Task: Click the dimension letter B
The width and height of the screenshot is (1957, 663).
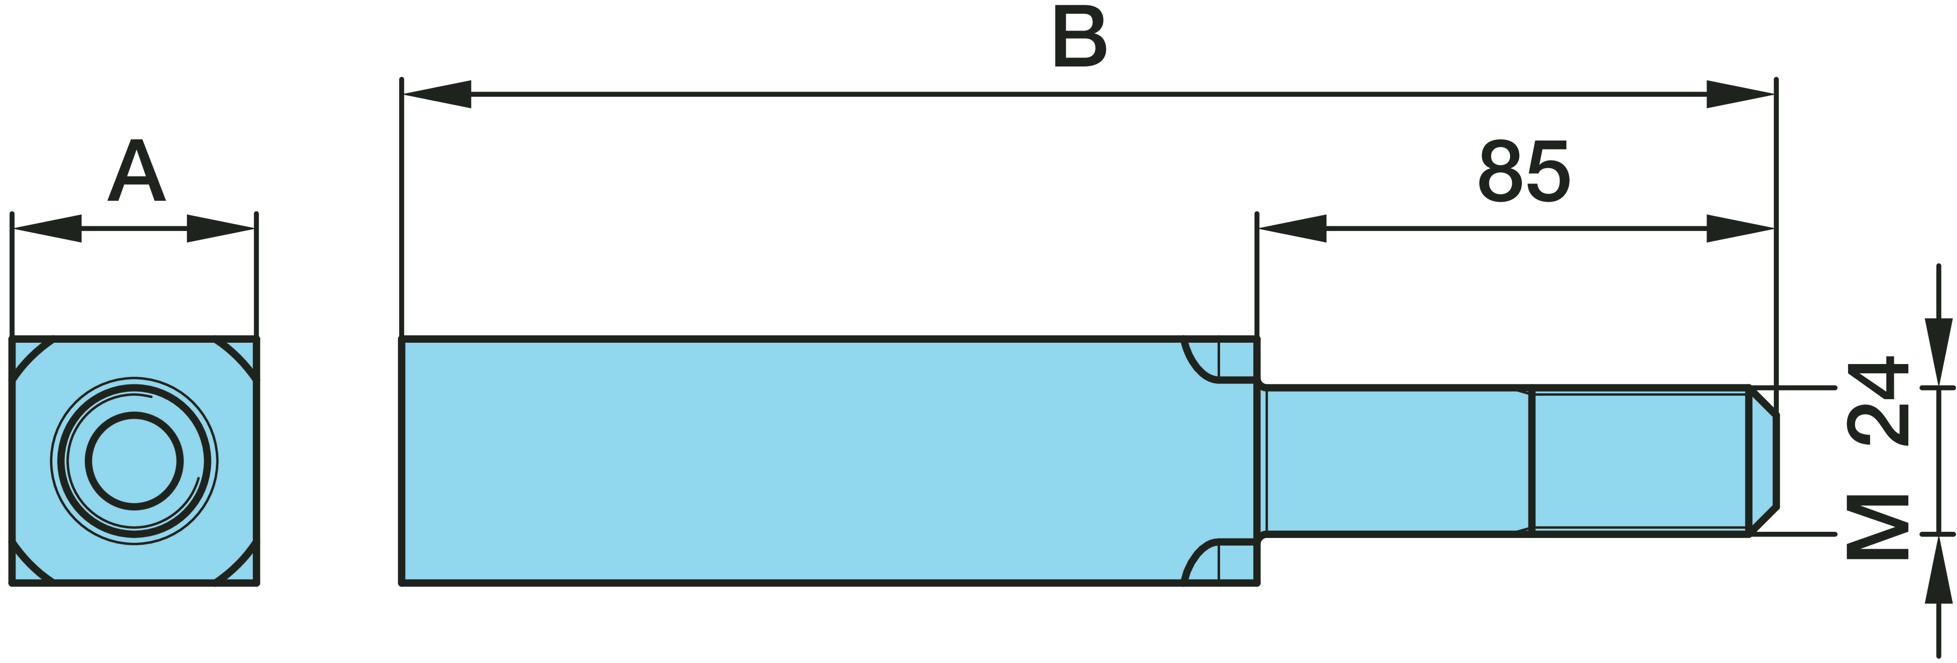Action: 1080,37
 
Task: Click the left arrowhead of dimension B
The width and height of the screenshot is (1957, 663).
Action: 437,94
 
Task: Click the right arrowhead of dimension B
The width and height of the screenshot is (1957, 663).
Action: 1740,94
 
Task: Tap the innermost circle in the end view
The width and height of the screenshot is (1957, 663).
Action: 134,461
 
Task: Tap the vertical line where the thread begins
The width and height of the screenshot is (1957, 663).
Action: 1531,461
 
